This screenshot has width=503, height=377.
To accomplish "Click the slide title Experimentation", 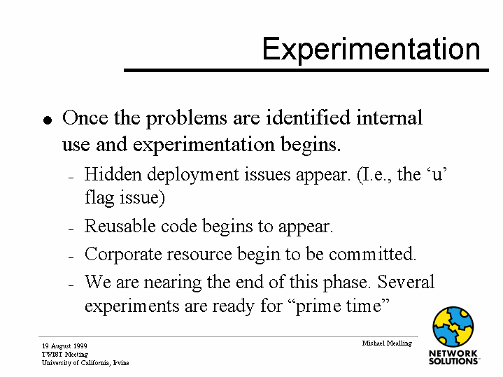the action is [371, 50].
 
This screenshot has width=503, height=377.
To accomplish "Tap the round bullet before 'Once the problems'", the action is [48, 120].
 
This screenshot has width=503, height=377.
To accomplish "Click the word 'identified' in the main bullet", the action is [308, 118].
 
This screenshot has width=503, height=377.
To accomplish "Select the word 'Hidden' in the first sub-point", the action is [113, 175].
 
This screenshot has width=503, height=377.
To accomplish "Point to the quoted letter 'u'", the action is [437, 175].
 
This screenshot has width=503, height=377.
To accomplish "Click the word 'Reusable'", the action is [120, 226].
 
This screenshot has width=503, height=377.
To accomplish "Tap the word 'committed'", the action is [372, 254].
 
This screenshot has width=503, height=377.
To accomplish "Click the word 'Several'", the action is [406, 282].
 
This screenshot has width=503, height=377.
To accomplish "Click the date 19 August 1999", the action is [64, 346].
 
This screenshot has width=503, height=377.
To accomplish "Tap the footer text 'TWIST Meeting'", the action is [65, 354].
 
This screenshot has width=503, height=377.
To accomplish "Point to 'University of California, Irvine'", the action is [85, 363].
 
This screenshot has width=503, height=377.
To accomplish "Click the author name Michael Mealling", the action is [387, 343].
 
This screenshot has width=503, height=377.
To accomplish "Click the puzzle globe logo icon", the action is [453, 327].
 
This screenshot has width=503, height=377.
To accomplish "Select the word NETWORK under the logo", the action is [453, 353].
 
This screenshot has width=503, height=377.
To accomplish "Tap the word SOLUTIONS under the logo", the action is [453, 361].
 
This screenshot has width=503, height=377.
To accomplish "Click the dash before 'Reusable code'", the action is [71, 229].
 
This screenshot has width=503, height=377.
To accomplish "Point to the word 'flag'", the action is [99, 197].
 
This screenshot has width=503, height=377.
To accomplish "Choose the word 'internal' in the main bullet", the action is [390, 118].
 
